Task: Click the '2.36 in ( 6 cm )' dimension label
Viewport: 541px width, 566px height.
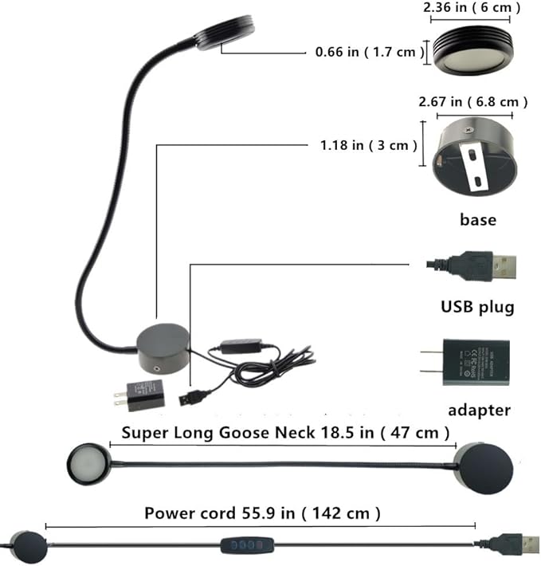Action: coord(470,8)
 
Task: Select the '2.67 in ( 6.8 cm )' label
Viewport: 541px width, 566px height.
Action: coord(473,102)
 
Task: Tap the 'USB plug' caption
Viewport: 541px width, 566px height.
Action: coord(477,307)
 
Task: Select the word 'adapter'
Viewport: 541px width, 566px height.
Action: coord(478,411)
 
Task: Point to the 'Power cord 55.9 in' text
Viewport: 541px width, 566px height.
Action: coord(261,512)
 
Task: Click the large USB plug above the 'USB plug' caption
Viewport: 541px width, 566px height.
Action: coord(472,265)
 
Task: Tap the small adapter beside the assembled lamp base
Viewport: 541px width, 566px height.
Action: coord(142,395)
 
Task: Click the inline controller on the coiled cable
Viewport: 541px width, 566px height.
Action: coord(239,346)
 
